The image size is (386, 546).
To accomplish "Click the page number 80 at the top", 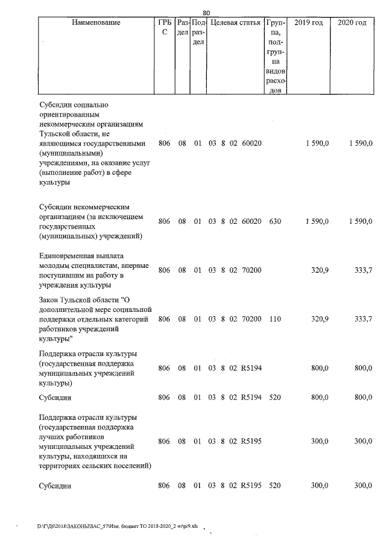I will [206, 13].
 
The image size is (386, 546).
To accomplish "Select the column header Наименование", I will [96, 23].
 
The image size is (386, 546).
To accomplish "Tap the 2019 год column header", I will [308, 23].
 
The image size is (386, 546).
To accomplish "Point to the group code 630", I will [275, 221].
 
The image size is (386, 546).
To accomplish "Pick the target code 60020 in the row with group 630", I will [252, 221].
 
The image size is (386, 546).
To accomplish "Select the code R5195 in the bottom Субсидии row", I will [252, 486].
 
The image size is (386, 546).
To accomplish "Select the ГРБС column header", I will [164, 28].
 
